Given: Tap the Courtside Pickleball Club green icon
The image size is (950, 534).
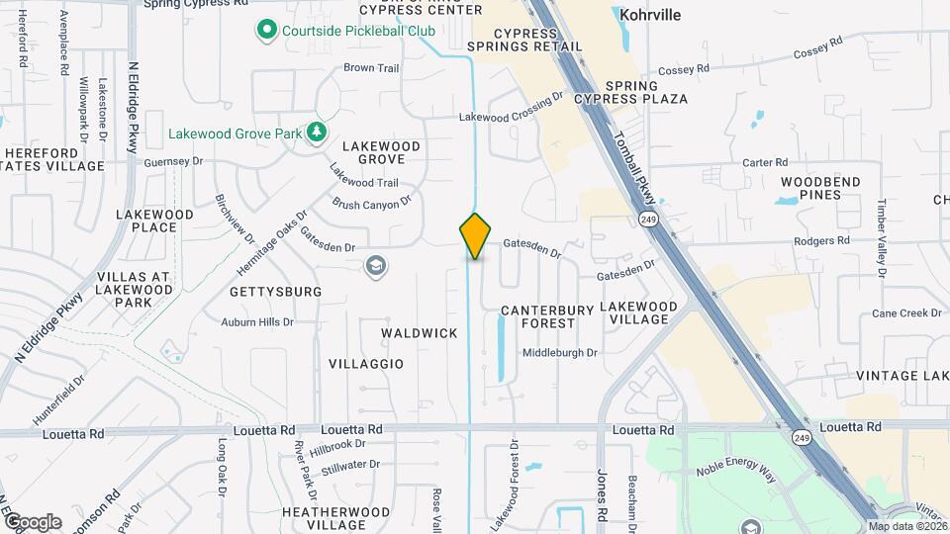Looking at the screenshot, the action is (x=266, y=32).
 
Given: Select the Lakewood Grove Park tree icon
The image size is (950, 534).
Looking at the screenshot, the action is (x=316, y=133).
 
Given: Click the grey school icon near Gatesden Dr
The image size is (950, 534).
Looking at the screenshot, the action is (x=375, y=265).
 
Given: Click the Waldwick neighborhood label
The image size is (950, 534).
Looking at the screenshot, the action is (x=420, y=333).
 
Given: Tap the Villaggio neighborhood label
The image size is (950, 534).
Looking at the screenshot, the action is (x=366, y=364).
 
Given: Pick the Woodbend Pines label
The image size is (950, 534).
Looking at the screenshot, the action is (x=820, y=188).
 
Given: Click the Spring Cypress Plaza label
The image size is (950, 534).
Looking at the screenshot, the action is (x=646, y=93).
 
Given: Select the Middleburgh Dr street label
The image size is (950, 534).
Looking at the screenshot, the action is (x=560, y=352).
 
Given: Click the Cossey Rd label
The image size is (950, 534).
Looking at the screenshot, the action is (x=685, y=69).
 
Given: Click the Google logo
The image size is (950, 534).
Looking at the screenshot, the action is (x=33, y=521).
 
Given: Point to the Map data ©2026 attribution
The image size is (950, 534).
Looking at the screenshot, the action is (x=906, y=526).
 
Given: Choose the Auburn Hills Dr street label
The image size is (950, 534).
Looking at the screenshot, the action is (x=257, y=322).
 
